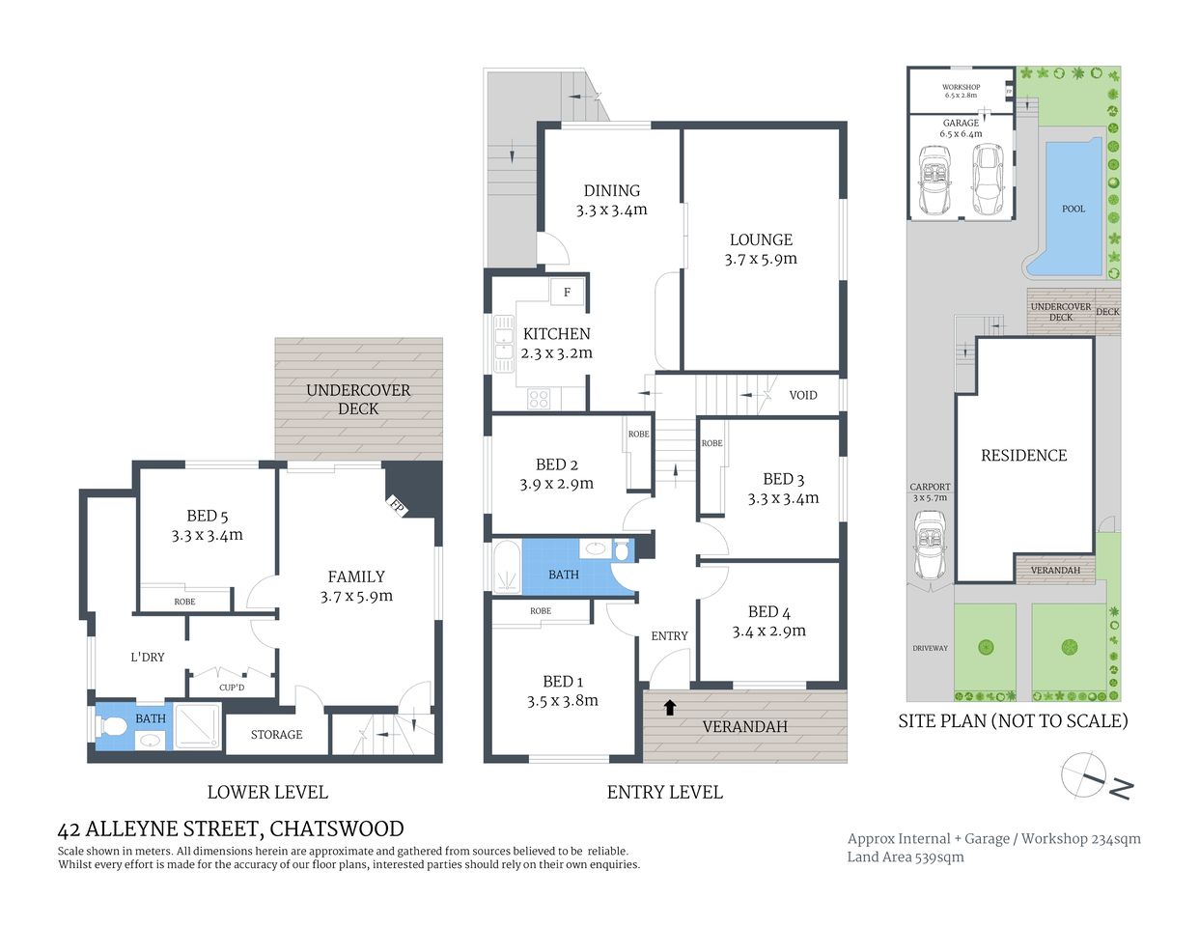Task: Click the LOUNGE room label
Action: click(x=761, y=240)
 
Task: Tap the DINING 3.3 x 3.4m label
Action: click(x=611, y=200)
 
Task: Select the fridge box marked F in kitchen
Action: click(x=567, y=292)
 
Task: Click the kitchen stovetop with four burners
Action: click(x=539, y=397)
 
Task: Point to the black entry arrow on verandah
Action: click(x=669, y=707)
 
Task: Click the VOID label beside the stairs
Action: click(x=802, y=395)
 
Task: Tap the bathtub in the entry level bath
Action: click(x=506, y=567)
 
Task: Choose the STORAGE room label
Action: click(x=276, y=735)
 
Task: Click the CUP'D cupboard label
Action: click(x=232, y=688)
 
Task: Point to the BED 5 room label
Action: click(x=207, y=517)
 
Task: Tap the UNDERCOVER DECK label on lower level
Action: click(x=358, y=399)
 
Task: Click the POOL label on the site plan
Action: click(x=1073, y=209)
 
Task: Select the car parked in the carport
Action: click(x=930, y=547)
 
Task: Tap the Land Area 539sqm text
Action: click(x=905, y=857)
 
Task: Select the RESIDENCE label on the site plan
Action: click(x=1023, y=455)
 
